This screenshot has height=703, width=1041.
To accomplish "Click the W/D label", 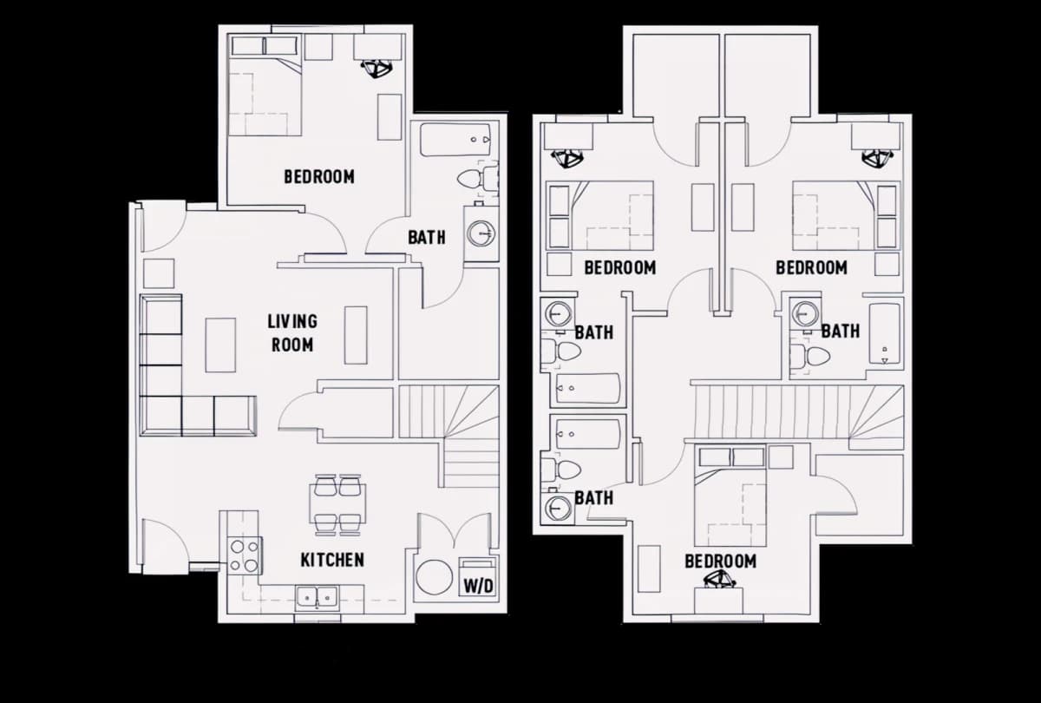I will point(477,587).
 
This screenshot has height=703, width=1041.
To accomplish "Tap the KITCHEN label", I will point(332,560).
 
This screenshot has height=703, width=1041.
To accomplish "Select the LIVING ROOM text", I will point(291,333).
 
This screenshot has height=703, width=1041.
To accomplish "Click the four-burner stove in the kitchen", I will point(245,555).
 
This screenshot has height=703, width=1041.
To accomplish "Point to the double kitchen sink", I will point(317,596).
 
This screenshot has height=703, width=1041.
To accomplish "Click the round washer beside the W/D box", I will point(433,577).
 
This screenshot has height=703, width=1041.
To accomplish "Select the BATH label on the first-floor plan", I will point(426,237).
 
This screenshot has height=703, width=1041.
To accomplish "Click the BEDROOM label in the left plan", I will point(319,177).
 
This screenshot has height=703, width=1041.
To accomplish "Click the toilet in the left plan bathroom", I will point(474,180).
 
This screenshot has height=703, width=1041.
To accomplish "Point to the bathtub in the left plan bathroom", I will point(455,139).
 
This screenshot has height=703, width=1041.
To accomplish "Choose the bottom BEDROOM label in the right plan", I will point(720,562).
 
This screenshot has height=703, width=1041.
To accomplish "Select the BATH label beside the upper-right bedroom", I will point(840,331).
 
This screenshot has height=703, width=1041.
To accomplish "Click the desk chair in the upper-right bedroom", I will point(874,158).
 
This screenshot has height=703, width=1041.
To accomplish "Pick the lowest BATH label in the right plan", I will point(593,498).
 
